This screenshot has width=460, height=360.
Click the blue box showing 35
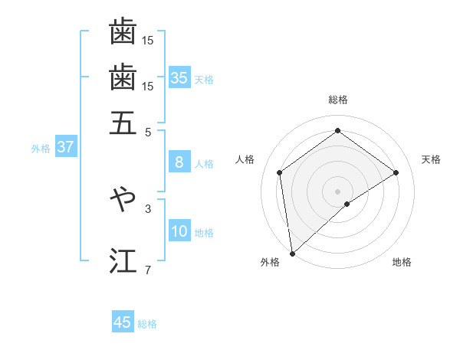179,78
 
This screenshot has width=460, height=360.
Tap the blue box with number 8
179,162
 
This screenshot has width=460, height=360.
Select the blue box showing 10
179,231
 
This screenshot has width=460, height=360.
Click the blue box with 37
65,147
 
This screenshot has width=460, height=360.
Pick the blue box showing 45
123,322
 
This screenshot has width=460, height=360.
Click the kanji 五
123,123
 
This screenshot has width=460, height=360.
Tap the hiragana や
123,198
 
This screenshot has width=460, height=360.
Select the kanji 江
123,260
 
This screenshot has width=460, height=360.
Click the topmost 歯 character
123,32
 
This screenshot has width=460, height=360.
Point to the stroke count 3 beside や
148,208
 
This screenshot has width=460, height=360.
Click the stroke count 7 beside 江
148,270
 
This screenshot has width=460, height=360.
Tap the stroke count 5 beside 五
148,131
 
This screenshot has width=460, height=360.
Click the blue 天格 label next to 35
204,80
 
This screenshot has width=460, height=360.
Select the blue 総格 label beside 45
147,324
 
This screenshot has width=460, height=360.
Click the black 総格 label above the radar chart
337,100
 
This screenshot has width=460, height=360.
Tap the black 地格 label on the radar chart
402,263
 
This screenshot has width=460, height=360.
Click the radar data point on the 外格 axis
292,253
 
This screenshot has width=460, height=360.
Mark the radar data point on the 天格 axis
396,172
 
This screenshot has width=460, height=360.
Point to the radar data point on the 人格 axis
280,172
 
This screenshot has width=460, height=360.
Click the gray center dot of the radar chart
337,191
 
